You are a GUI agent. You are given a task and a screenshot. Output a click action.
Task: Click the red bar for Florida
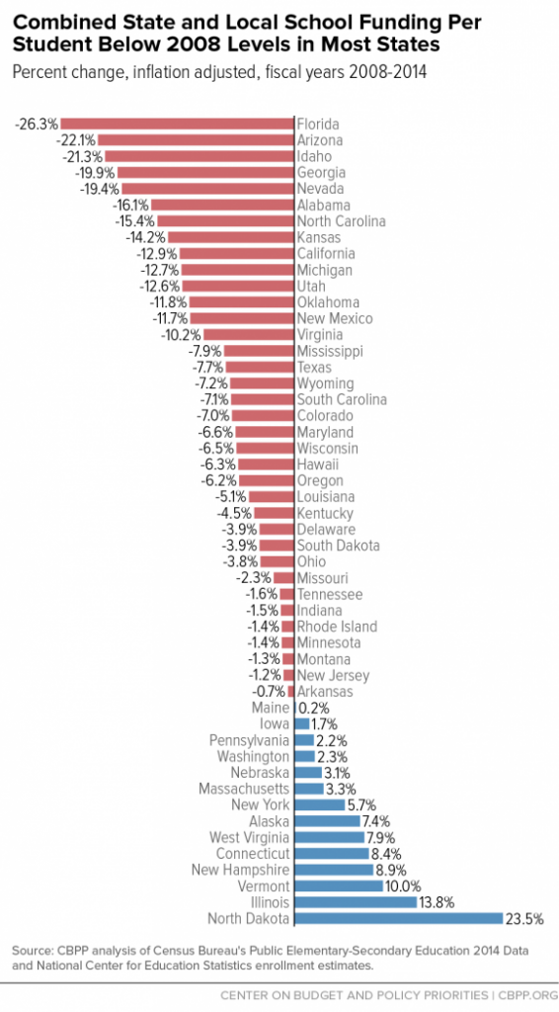click(178, 124)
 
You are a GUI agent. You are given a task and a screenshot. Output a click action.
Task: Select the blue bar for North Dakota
click(399, 918)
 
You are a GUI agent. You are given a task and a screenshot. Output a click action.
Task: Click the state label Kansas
click(319, 237)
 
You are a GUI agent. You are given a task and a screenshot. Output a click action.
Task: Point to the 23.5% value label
click(526, 918)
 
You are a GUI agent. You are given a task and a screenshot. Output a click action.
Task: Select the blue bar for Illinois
click(359, 902)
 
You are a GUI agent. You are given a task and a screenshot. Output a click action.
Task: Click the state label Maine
click(272, 708)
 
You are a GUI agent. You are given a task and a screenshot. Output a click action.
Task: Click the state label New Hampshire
click(241, 870)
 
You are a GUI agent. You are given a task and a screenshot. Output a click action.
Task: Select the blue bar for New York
click(320, 805)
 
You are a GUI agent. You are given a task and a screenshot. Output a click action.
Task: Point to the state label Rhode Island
click(337, 627)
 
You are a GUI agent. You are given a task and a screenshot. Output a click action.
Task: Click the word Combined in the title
click(55, 20)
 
